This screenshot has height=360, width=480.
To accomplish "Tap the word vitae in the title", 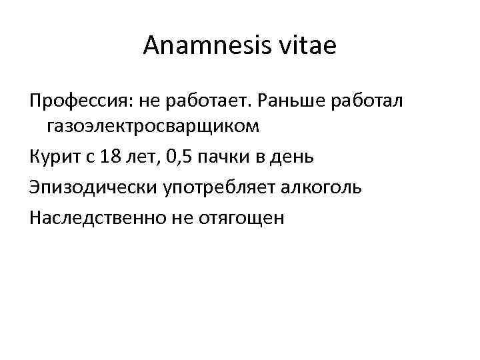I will tap(313, 47).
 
